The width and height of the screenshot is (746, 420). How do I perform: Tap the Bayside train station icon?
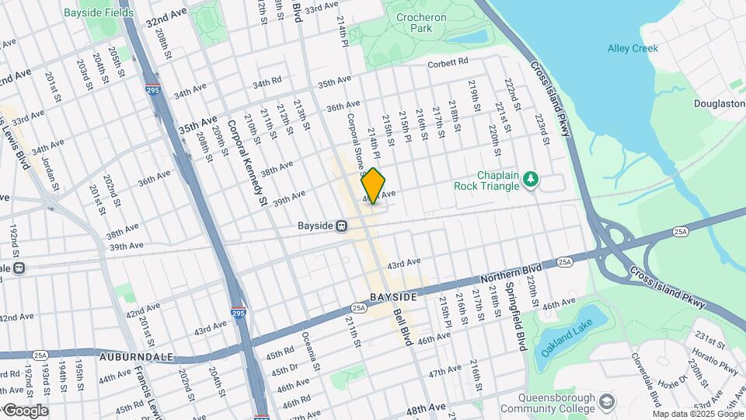click(x=340, y=226)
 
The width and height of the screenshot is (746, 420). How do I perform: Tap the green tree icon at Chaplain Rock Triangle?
click(x=531, y=180)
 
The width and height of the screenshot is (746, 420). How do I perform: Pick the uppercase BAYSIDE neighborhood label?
click(x=393, y=298)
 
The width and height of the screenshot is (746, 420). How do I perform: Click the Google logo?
click(x=25, y=411)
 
